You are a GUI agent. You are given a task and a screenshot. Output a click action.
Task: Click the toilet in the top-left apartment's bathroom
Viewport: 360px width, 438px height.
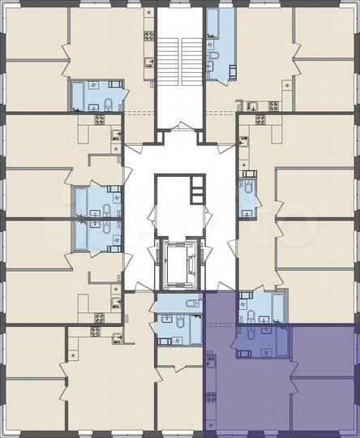107,104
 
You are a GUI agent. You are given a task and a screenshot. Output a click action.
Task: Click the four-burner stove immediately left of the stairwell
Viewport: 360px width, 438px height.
149,36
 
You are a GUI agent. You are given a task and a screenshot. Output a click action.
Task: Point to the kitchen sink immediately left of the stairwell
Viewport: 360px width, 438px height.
149,62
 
